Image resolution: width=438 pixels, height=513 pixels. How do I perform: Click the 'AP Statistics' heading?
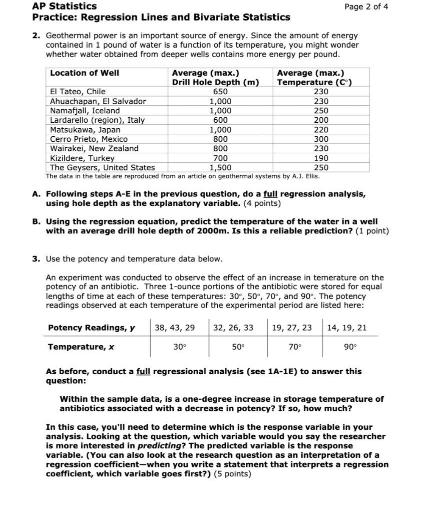point(65,7)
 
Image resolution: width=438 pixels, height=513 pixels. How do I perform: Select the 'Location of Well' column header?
point(85,73)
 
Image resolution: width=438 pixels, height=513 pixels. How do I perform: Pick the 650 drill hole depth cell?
point(220,92)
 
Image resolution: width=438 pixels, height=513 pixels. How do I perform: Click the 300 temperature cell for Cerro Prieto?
point(321,139)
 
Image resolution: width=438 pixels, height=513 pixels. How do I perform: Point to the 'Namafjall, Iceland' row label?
point(85,111)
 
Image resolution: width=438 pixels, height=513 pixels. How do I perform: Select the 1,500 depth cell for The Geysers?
point(220,168)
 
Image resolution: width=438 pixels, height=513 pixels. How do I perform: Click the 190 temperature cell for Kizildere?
point(321,158)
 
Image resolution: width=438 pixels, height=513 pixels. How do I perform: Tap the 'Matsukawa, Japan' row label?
point(85,130)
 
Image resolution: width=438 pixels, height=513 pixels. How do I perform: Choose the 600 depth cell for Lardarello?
point(220,120)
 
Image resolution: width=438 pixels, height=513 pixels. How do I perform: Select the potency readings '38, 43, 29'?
point(175,328)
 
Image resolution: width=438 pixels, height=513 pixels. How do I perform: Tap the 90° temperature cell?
point(350,346)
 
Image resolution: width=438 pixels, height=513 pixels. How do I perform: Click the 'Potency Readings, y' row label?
point(92,328)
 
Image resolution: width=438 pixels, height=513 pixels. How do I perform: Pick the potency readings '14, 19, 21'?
point(346,328)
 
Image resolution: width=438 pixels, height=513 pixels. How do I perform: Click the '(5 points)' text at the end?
point(232,474)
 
